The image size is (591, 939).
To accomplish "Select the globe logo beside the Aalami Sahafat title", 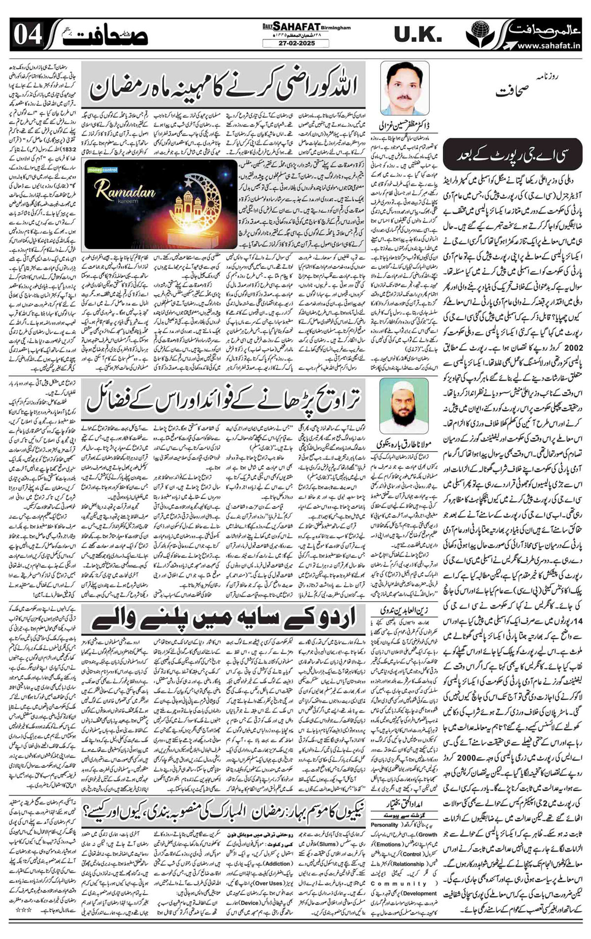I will pos(478,33).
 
